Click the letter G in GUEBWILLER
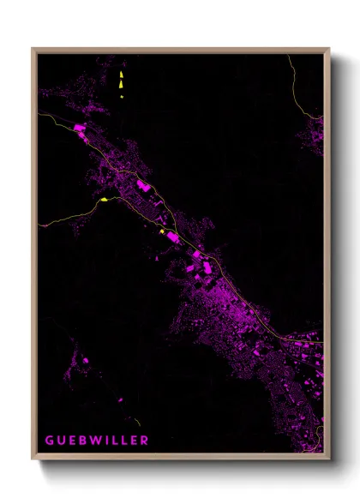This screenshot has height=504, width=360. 49,441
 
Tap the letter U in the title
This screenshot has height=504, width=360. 60,441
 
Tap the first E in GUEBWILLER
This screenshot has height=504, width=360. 70,441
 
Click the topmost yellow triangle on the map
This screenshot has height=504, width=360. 121,74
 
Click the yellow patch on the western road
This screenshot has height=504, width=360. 104,200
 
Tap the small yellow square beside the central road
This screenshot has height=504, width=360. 161,231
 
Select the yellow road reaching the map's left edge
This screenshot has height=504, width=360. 51,222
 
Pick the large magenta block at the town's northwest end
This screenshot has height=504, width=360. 81,128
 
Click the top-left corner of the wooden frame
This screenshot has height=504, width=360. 33,49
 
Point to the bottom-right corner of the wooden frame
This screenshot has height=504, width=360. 330,459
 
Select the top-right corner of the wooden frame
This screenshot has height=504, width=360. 330,49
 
